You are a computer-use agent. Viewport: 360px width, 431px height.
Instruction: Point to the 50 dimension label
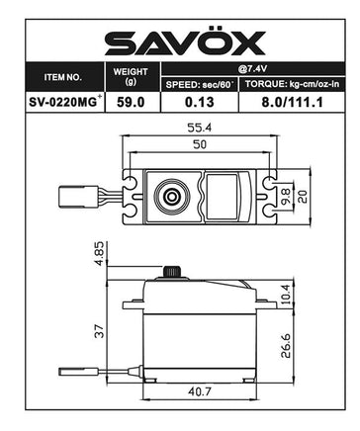click(x=202, y=145)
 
